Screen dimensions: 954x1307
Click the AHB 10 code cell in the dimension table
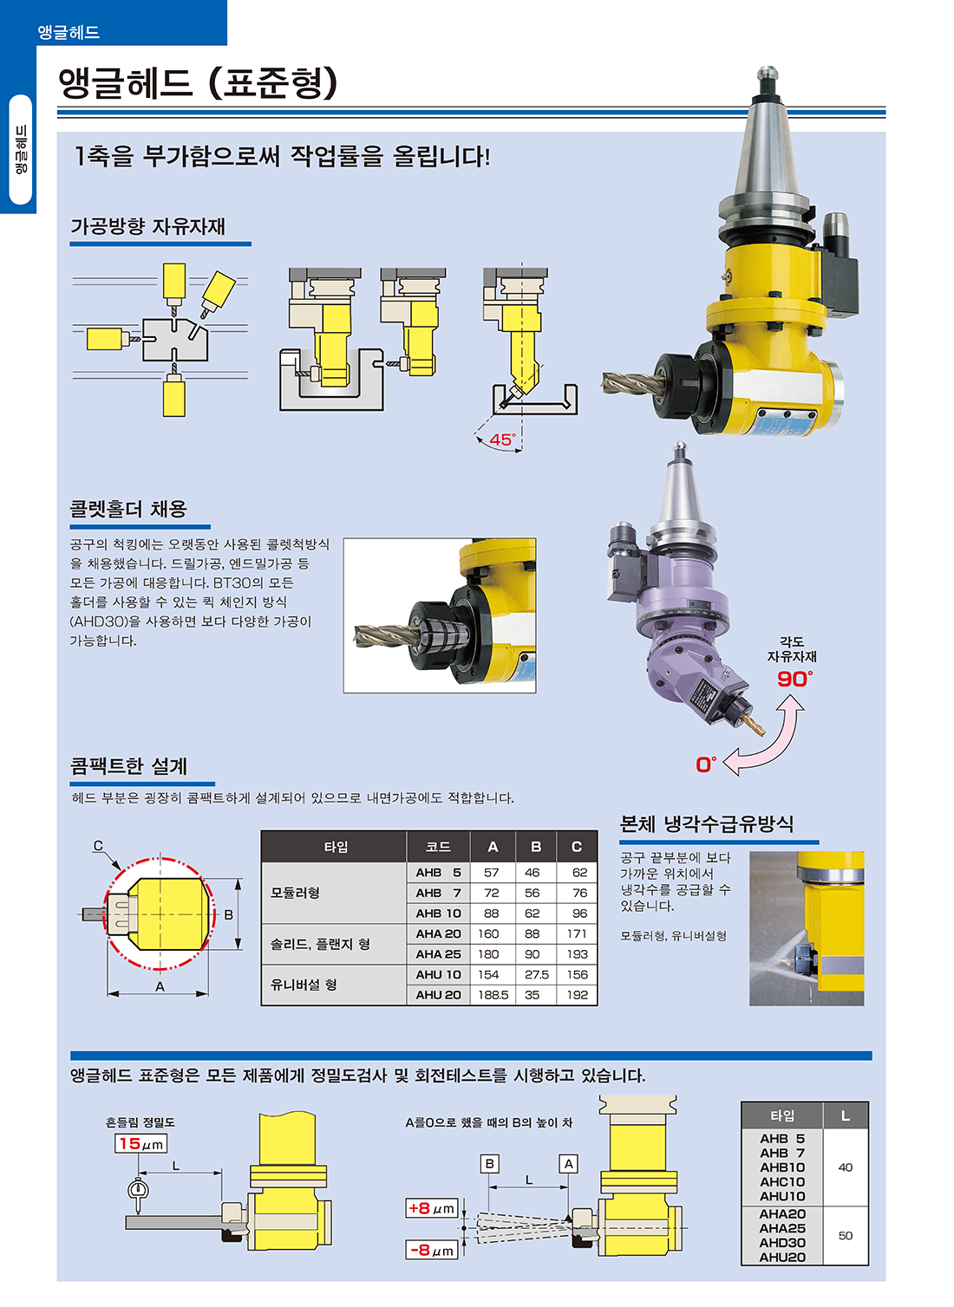coord(438,914)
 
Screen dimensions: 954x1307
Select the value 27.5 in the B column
coord(536,974)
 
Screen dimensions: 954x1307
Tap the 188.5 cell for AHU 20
coord(493,995)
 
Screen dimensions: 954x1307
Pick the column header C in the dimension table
coord(576,847)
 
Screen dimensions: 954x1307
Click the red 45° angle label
coord(502,440)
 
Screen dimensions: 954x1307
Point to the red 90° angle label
coord(794,680)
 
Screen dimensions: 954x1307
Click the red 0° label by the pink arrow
coord(706,764)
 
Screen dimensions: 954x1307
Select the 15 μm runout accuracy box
coord(140,1144)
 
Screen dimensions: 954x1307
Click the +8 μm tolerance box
coord(431,1208)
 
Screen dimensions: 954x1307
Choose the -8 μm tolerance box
coord(431,1250)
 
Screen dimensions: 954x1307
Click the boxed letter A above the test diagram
coord(568,1164)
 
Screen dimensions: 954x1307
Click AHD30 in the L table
coord(782,1243)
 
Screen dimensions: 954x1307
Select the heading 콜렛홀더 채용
coord(128,510)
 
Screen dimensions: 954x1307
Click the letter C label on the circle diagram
coord(98,846)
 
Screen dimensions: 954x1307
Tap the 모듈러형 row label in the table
coord(295,893)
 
